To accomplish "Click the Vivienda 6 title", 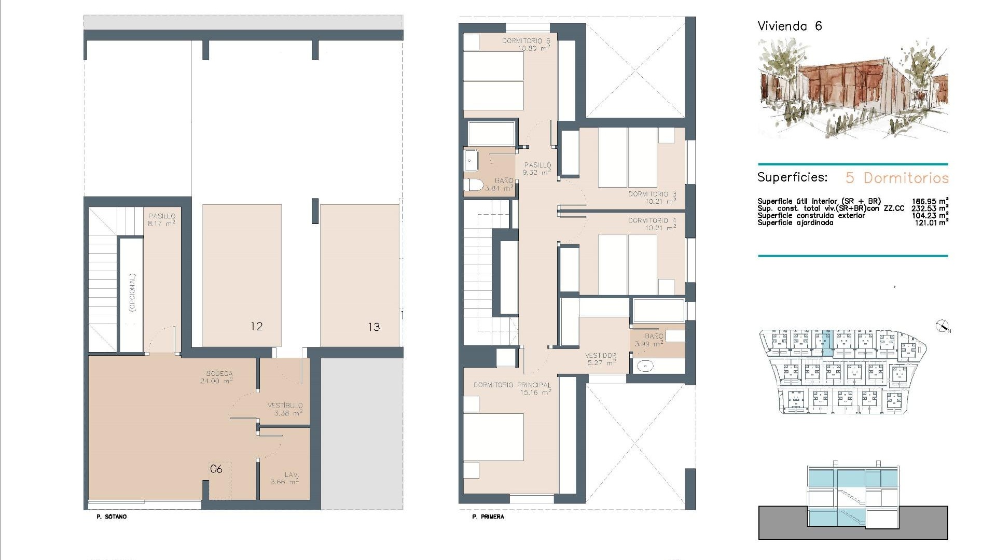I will pyautogui.click(x=790, y=26).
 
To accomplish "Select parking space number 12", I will pyautogui.click(x=256, y=326).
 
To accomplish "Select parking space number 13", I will pyautogui.click(x=374, y=327).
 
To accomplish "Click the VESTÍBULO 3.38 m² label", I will pyautogui.click(x=285, y=409).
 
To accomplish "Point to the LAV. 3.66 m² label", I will pyautogui.click(x=284, y=478).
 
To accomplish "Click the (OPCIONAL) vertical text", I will pyautogui.click(x=132, y=292).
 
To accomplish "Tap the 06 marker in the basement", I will pyautogui.click(x=216, y=469).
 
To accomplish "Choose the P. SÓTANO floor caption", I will pyautogui.click(x=112, y=516).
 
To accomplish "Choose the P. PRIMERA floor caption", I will pyautogui.click(x=488, y=516).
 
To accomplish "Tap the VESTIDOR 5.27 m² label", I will pyautogui.click(x=600, y=359).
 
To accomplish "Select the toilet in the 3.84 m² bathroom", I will pyautogui.click(x=473, y=185).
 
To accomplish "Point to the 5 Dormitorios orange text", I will pyautogui.click(x=897, y=178).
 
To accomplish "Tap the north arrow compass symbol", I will pyautogui.click(x=942, y=326).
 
